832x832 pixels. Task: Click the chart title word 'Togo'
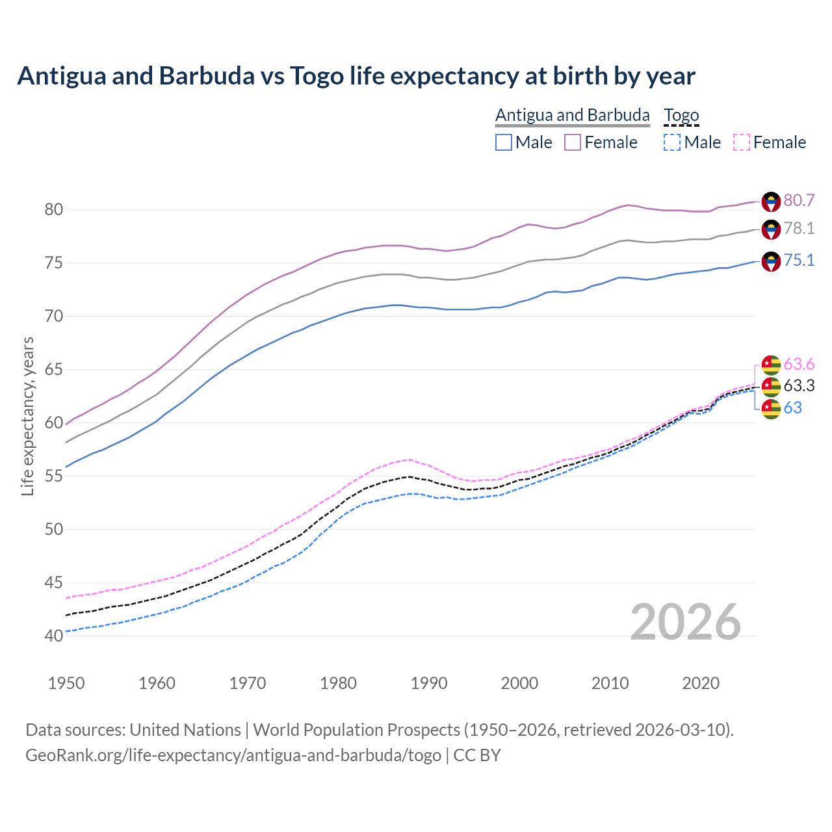click(x=317, y=76)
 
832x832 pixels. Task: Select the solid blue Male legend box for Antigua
click(x=504, y=142)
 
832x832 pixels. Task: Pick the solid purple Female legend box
click(x=572, y=142)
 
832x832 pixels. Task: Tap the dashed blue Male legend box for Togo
click(x=672, y=142)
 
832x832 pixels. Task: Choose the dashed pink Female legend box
click(x=742, y=142)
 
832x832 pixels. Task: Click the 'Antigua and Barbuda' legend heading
click(x=572, y=115)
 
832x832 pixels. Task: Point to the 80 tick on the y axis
click(x=53, y=209)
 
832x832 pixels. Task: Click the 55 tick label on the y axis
click(x=53, y=476)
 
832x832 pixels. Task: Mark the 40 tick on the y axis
click(x=53, y=636)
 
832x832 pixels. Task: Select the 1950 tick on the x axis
click(x=66, y=683)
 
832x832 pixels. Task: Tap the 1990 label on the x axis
click(x=429, y=683)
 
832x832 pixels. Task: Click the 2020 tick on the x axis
click(x=701, y=683)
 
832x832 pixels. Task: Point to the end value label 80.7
click(x=799, y=200)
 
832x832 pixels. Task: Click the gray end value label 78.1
click(x=799, y=228)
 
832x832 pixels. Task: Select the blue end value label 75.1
click(x=799, y=261)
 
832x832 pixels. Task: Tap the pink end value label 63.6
click(x=799, y=364)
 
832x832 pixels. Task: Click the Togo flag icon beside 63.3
click(x=771, y=387)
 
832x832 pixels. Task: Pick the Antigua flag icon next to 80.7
click(x=771, y=201)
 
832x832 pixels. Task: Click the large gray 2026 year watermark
click(x=686, y=622)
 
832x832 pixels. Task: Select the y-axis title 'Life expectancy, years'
click(x=27, y=416)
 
